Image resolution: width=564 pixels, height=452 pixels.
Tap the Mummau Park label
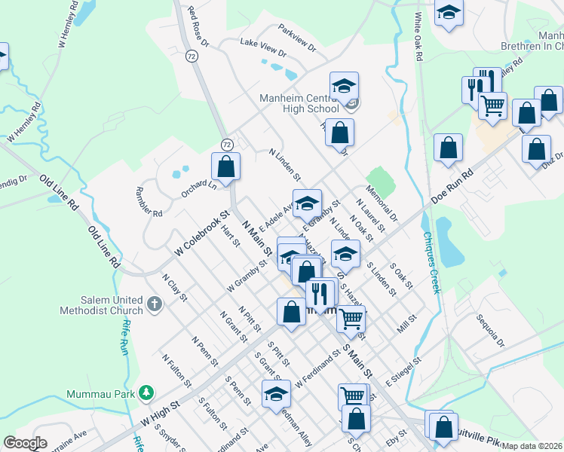pos(100,393)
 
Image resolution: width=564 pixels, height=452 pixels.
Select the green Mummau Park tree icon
pos(148,393)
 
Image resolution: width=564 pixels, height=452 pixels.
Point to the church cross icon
pos(154,305)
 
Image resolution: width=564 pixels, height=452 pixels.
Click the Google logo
pos(25,443)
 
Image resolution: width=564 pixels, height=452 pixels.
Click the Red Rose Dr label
pos(199,25)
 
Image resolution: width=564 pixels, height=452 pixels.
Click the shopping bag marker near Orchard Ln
pos(226,166)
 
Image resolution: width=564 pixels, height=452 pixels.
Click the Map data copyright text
pos(531,446)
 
